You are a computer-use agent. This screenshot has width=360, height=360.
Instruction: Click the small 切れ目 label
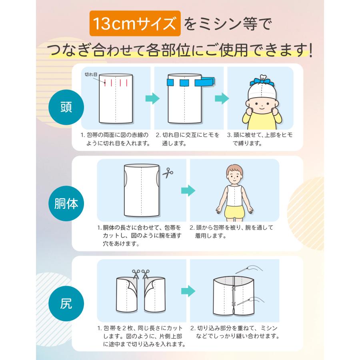pyautogui.click(x=91, y=75)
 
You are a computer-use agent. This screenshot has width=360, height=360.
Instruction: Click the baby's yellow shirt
pyautogui.click(x=260, y=119)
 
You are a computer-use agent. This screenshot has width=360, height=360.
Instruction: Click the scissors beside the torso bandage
pyautogui.click(x=167, y=173)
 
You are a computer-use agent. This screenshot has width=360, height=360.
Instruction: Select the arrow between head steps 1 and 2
pyautogui.click(x=152, y=98)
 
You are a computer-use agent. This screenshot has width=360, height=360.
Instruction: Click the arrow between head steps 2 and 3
pyautogui.click(x=221, y=98)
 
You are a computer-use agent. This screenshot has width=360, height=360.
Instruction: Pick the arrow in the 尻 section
pyautogui.click(x=188, y=290)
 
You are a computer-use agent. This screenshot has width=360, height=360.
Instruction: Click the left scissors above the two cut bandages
pyautogui.click(x=136, y=274)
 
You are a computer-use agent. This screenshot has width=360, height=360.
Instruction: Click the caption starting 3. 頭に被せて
pyautogui.click(x=260, y=139)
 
